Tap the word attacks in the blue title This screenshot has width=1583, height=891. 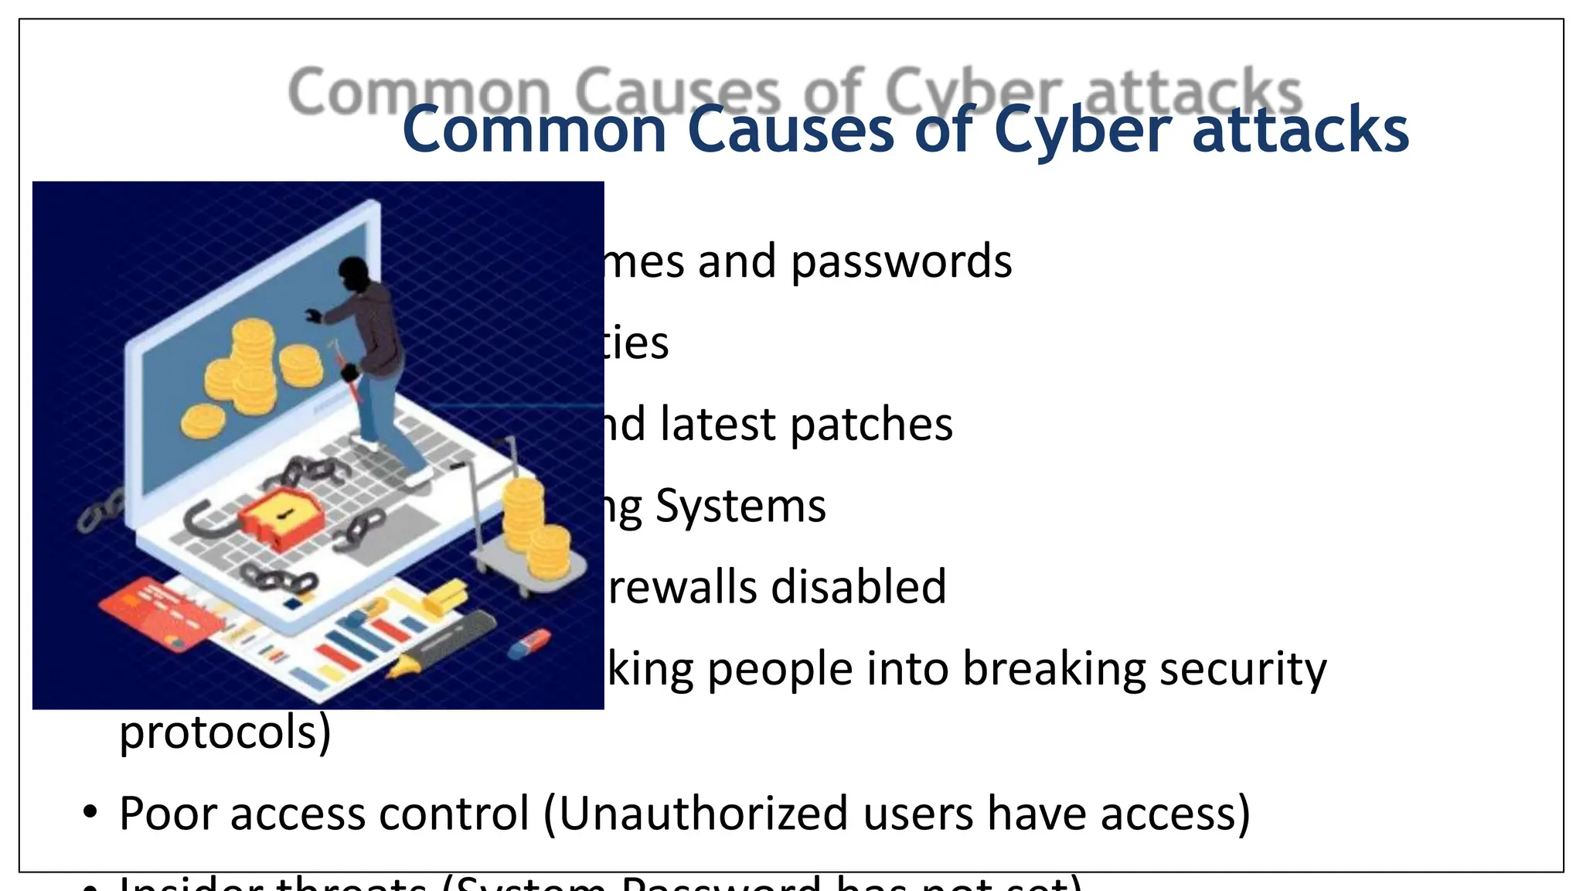[x=1301, y=130]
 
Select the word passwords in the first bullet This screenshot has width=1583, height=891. [x=901, y=261]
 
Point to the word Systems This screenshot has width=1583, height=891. [x=740, y=507]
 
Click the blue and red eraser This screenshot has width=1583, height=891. [x=530, y=643]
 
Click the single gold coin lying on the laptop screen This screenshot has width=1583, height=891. [x=203, y=422]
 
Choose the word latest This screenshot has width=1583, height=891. [x=718, y=424]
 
